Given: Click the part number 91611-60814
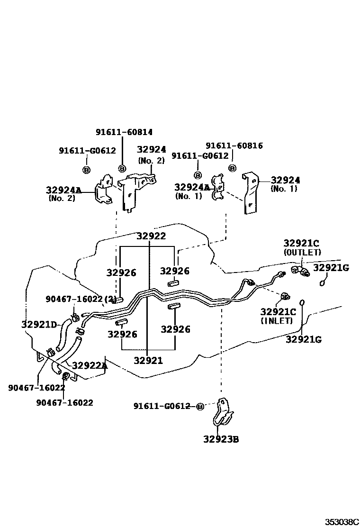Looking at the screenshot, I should (x=124, y=132).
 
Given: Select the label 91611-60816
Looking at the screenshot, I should (x=234, y=145).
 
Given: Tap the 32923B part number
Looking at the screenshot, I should (x=221, y=439).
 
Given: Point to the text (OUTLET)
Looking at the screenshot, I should (x=302, y=253).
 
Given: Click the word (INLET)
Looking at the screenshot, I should (x=277, y=321).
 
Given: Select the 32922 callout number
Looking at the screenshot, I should (x=151, y=236).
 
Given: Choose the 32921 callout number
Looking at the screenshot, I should (x=148, y=361).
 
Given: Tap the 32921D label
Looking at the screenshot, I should (x=39, y=325).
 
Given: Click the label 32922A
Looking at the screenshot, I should (x=90, y=365).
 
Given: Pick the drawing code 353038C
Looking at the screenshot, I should (x=342, y=522).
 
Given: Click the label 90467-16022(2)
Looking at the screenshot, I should (x=81, y=299).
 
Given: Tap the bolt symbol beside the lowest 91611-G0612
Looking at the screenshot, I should (x=200, y=407).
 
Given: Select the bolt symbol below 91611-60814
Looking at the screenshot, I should (x=122, y=168).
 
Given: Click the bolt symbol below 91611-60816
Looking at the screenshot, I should (x=232, y=168).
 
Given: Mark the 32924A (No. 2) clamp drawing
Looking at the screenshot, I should (x=103, y=191).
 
